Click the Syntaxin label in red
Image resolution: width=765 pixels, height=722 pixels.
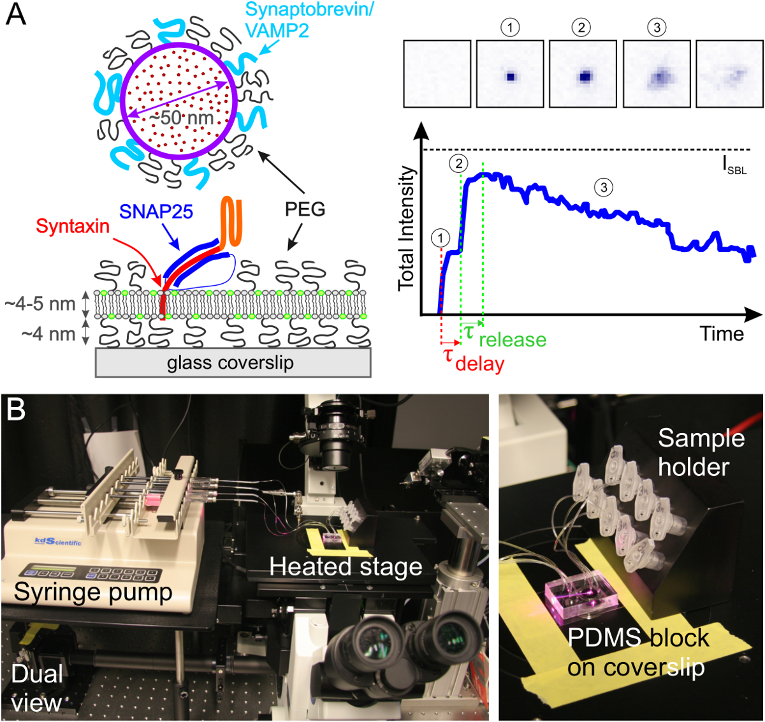point(73,226)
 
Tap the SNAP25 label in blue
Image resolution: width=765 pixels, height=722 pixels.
point(156,212)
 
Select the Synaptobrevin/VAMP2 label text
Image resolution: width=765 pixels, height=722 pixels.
point(309,19)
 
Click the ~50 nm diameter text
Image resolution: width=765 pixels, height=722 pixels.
point(181,117)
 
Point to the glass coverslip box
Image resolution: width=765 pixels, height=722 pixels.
point(233,363)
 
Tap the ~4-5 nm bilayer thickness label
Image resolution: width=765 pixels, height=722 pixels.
point(40,304)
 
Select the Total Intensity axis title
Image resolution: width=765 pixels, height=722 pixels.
point(407,228)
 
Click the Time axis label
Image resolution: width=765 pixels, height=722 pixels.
point(722,334)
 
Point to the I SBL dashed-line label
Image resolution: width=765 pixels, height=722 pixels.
point(734,167)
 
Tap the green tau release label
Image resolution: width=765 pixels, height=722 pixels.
point(506,335)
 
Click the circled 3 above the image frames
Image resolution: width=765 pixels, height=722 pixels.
point(657,27)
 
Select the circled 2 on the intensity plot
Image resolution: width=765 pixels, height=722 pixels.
point(459,164)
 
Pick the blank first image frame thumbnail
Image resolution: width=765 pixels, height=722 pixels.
point(437,73)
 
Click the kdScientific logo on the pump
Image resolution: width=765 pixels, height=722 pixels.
point(58,541)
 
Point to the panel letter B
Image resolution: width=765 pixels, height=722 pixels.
point(16,409)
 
